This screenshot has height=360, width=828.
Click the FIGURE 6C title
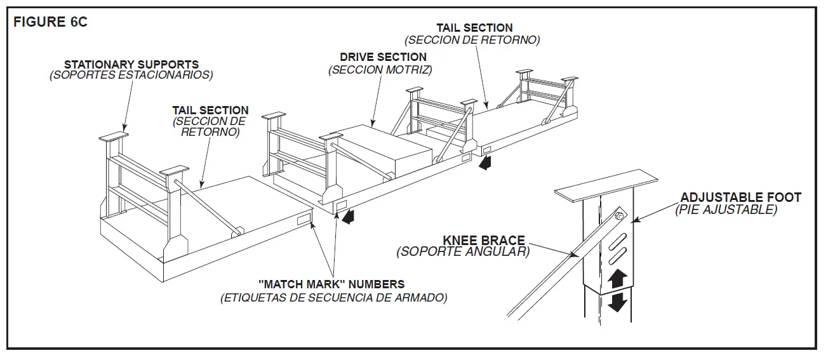click(50, 22)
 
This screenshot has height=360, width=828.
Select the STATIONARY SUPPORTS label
click(131, 65)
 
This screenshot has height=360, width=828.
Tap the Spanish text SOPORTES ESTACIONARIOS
click(131, 75)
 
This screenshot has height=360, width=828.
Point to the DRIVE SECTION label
click(383, 57)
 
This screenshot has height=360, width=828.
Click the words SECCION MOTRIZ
click(381, 69)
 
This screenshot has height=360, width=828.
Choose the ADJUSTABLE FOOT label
click(740, 197)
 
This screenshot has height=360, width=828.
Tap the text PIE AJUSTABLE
click(726, 210)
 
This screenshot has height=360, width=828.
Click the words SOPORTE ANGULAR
click(463, 252)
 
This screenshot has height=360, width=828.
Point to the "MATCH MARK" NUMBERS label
click(331, 284)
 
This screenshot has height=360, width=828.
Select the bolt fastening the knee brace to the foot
click(620, 217)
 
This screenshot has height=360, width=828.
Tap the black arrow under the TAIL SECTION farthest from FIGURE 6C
click(486, 164)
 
